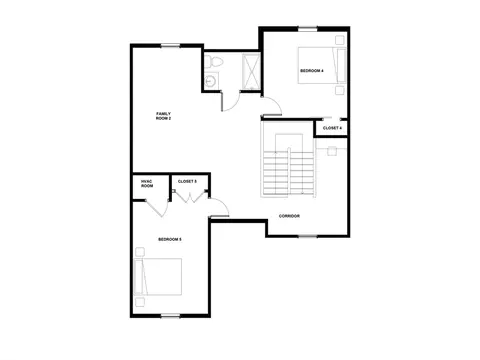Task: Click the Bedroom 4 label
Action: [312, 71]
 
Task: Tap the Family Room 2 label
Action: [163, 116]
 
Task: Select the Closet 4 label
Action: [332, 128]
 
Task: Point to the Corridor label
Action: [289, 216]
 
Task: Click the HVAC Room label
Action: [147, 183]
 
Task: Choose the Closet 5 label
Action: [187, 181]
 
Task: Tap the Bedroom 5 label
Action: [170, 239]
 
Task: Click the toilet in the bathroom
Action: [213, 62]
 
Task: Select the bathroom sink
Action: [211, 80]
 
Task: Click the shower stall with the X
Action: [251, 71]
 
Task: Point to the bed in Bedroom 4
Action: [322, 65]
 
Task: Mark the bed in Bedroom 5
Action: [158, 277]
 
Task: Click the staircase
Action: [288, 166]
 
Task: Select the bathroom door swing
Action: [231, 101]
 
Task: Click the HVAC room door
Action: [157, 208]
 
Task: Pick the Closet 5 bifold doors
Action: [190, 197]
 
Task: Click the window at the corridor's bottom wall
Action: [308, 236]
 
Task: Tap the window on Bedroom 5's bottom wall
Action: [171, 316]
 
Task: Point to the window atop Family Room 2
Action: [171, 46]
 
